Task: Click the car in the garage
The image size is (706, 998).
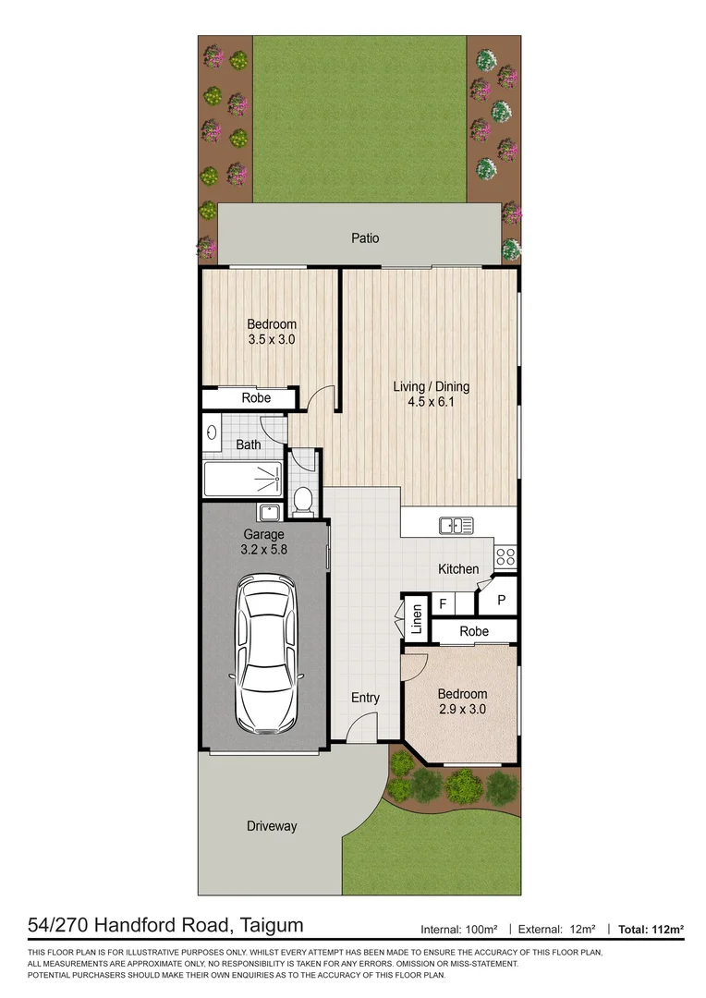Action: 266,653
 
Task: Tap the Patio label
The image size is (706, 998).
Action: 365,238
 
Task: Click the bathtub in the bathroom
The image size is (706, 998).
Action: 243,480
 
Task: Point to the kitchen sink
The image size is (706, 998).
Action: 456,526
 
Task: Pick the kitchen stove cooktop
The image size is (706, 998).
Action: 506,556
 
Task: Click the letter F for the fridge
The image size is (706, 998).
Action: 443,604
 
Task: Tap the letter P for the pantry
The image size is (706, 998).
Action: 502,600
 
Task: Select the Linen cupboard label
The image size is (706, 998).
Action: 417,618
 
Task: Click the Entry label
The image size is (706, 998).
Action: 365,698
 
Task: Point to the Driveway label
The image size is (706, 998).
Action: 272,826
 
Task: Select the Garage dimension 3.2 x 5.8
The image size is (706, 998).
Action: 263,550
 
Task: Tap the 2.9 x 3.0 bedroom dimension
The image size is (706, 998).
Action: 462,710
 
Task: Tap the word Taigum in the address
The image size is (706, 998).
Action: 271,925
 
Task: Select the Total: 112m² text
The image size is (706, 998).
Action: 651,928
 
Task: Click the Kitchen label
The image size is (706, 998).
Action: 458,569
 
